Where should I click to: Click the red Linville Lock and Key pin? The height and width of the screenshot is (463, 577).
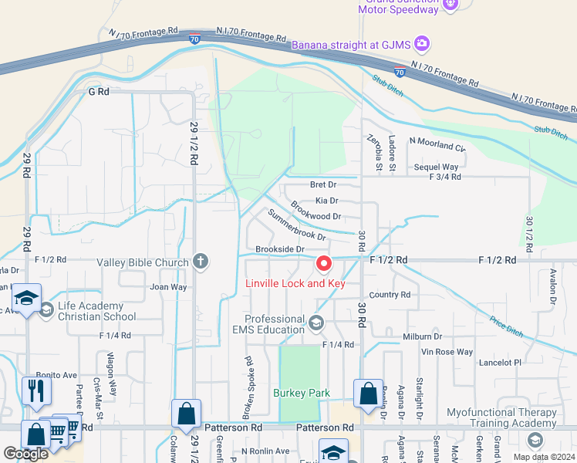[x=324, y=265]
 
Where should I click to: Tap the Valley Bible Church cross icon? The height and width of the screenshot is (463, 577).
[x=201, y=261]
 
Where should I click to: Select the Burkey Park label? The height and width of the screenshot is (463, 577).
[x=302, y=393]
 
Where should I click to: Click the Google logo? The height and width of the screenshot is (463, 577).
[x=25, y=454]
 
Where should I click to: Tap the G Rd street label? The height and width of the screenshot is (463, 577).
[x=100, y=91]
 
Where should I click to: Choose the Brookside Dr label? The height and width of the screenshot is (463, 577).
[x=280, y=249]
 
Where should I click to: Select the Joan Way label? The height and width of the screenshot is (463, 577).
[x=168, y=287]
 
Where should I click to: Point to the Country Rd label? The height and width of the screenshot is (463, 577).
[x=390, y=295]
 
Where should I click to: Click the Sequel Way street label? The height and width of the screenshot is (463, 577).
[x=436, y=167]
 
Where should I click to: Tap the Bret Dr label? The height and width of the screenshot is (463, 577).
[x=323, y=184]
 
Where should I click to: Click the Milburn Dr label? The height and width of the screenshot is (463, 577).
[x=422, y=337]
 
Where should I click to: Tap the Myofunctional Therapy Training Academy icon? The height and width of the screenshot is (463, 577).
[x=535, y=440]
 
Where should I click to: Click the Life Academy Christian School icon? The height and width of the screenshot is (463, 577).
[x=46, y=310]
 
